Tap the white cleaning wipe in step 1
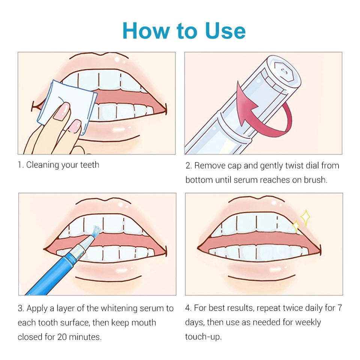coord(67,107)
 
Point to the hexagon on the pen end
coord(283,72)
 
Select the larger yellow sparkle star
coord(305,217)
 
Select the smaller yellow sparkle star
coord(296,226)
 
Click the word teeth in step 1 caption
coord(90,165)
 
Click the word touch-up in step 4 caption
coord(203,337)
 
